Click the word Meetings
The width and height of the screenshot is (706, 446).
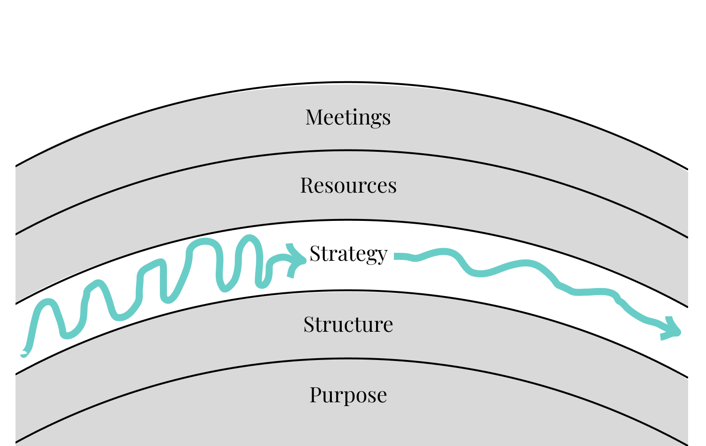(348, 117)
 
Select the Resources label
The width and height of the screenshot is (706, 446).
(348, 185)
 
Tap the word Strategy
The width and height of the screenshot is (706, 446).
(348, 254)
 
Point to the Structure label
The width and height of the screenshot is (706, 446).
(348, 324)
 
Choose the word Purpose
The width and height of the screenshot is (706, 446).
(348, 395)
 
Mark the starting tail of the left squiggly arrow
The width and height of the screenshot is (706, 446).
(24, 353)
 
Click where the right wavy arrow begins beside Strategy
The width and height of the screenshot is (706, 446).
(397, 256)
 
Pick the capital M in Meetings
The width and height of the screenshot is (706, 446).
(314, 117)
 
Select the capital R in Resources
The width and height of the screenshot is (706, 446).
(307, 185)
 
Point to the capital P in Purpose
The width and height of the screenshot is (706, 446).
(315, 394)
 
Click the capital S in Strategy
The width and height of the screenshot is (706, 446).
(314, 254)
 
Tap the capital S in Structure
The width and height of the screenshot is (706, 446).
(308, 324)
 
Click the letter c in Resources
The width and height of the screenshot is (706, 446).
(372, 187)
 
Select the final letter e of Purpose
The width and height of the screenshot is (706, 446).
(382, 396)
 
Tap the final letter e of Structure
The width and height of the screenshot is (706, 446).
(388, 326)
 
